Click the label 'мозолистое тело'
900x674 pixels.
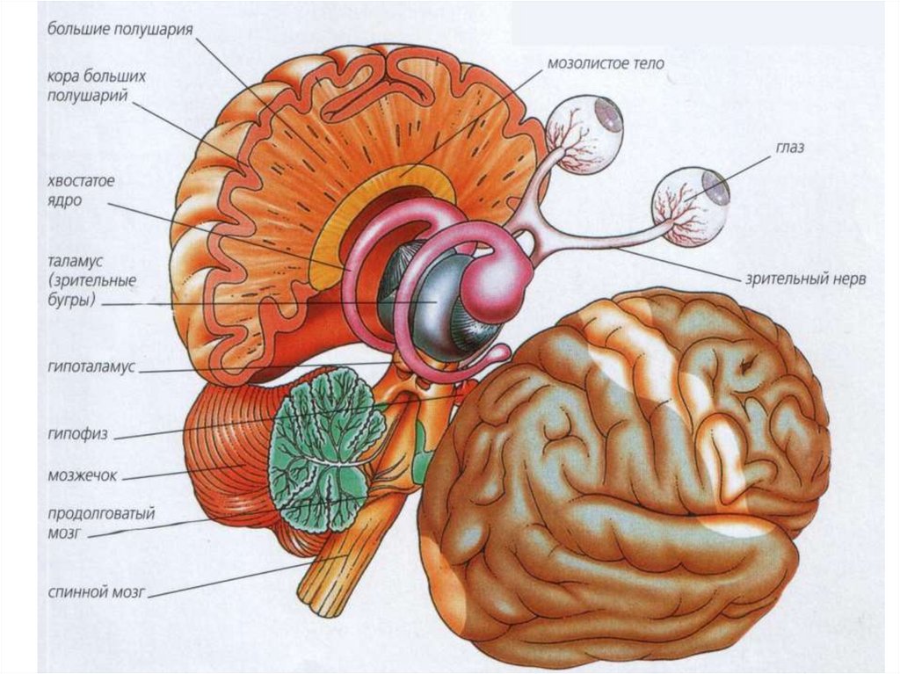tap(605, 64)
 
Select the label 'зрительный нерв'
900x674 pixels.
tap(806, 280)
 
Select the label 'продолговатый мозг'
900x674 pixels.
tap(90, 521)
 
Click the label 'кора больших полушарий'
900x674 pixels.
tap(96, 85)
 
